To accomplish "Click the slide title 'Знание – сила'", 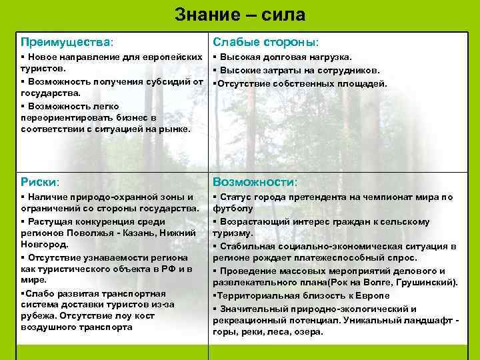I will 240,14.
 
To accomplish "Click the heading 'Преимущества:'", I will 67,43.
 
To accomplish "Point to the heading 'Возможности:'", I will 255,181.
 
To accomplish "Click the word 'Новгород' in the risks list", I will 42,245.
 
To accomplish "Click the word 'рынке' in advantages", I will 172,129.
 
